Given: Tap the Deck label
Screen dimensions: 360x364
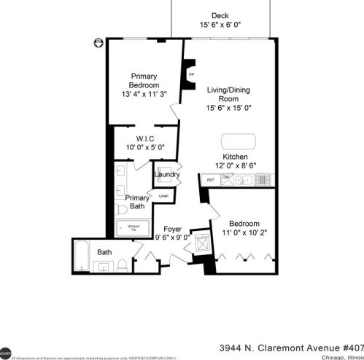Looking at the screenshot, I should point(220,16).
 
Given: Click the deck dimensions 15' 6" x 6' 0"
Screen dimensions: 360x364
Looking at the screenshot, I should point(220,26).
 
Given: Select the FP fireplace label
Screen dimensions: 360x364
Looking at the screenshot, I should point(192,75).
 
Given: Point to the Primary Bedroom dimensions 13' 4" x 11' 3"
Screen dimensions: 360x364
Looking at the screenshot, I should point(144,93).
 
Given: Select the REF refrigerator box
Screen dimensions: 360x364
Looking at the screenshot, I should point(211,179).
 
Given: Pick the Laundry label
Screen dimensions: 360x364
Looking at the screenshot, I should point(167,175).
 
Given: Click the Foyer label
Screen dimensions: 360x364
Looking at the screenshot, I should point(172,228).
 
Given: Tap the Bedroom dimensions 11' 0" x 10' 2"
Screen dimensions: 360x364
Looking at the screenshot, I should point(243,234).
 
